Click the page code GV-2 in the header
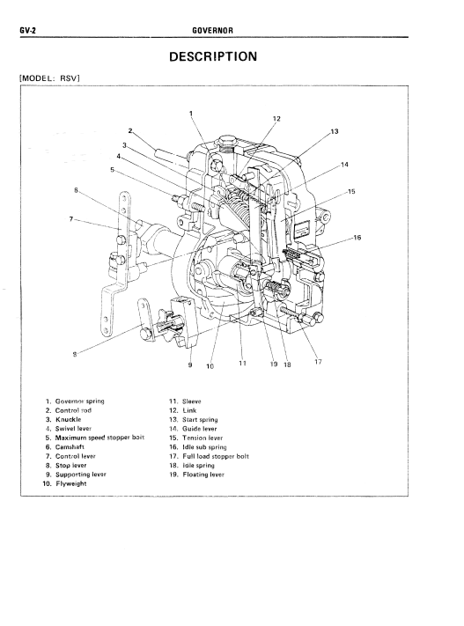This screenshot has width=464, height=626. point(27,30)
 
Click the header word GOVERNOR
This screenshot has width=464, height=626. point(212,30)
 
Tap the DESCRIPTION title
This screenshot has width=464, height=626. point(213,56)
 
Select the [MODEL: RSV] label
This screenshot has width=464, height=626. point(50,77)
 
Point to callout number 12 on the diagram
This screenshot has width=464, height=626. point(276,119)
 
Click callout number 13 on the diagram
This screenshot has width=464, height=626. point(335,131)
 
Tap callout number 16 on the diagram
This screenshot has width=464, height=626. point(357,238)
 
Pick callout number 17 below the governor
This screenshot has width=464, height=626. point(318,362)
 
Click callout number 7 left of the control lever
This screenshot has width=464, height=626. point(71,218)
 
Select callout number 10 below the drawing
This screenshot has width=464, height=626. point(210,366)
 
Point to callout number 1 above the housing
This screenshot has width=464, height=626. point(191,114)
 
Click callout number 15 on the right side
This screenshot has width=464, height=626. point(351,192)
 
